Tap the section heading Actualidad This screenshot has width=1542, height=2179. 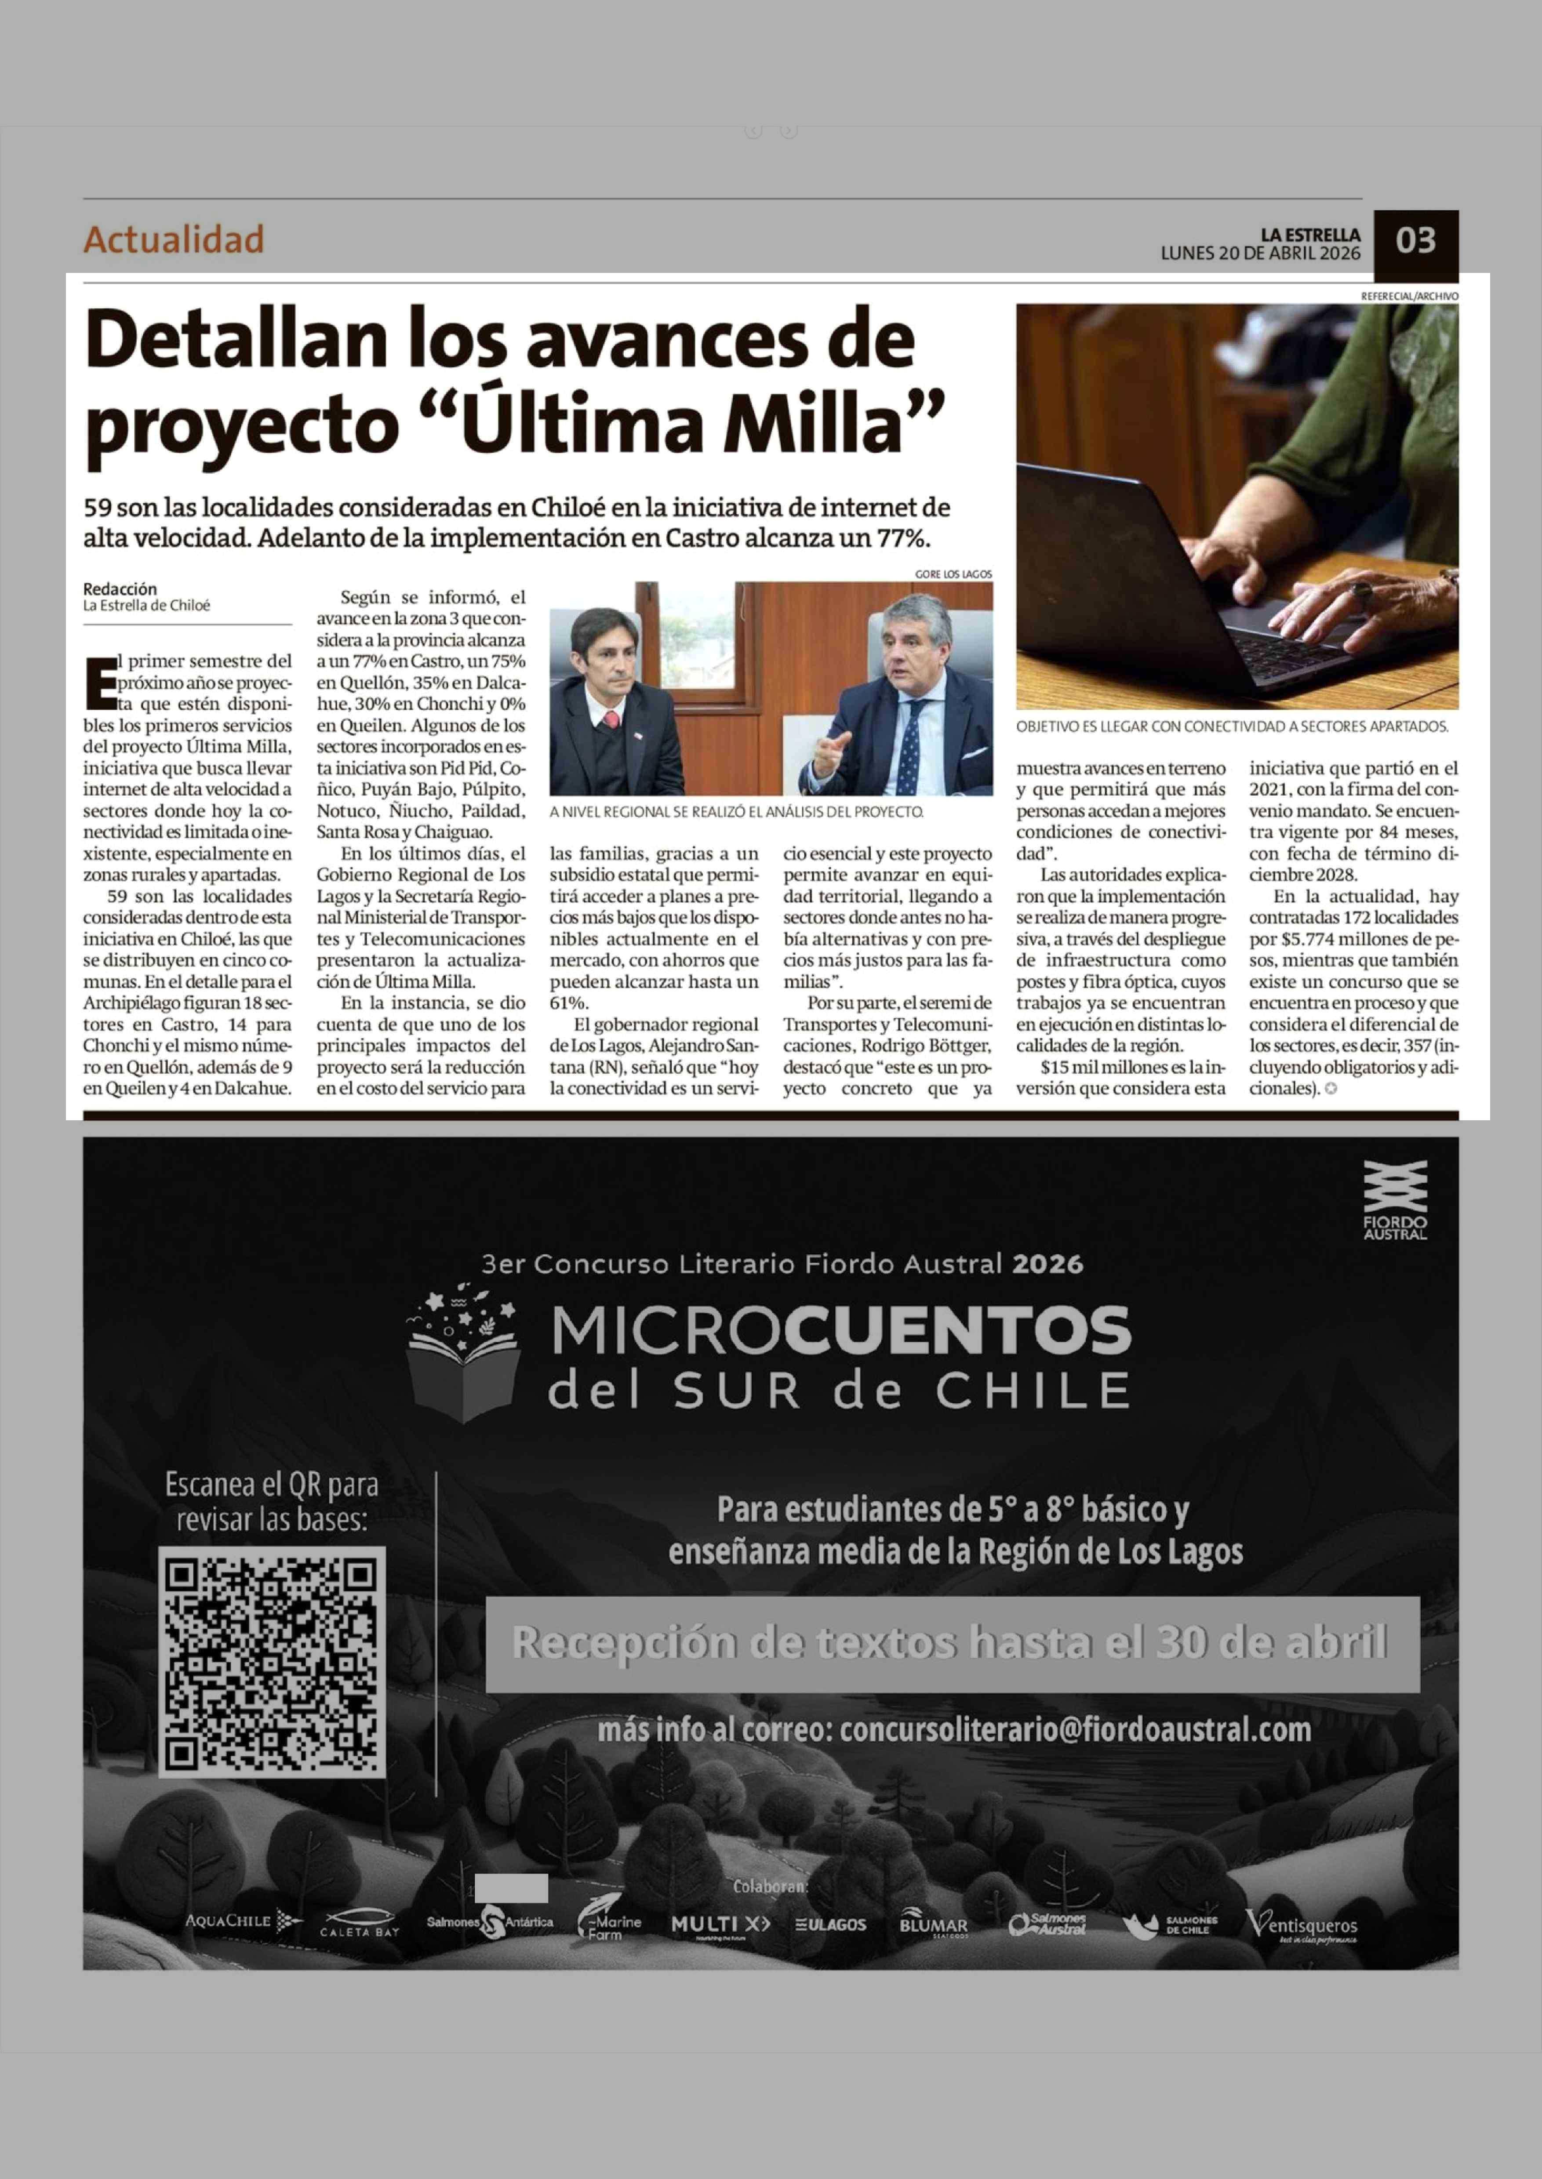point(174,239)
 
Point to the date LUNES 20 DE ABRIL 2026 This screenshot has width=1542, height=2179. point(1260,254)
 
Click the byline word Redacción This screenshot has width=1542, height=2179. point(120,588)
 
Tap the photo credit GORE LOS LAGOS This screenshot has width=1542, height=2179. point(953,574)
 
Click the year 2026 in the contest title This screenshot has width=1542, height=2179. point(1047,1264)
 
